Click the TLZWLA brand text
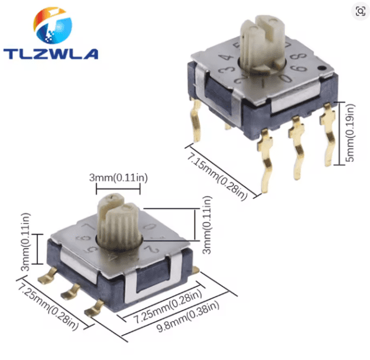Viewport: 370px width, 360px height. [x=51, y=53]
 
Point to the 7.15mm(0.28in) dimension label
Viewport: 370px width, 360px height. [x=217, y=174]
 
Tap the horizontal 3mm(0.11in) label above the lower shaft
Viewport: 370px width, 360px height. [x=119, y=178]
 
